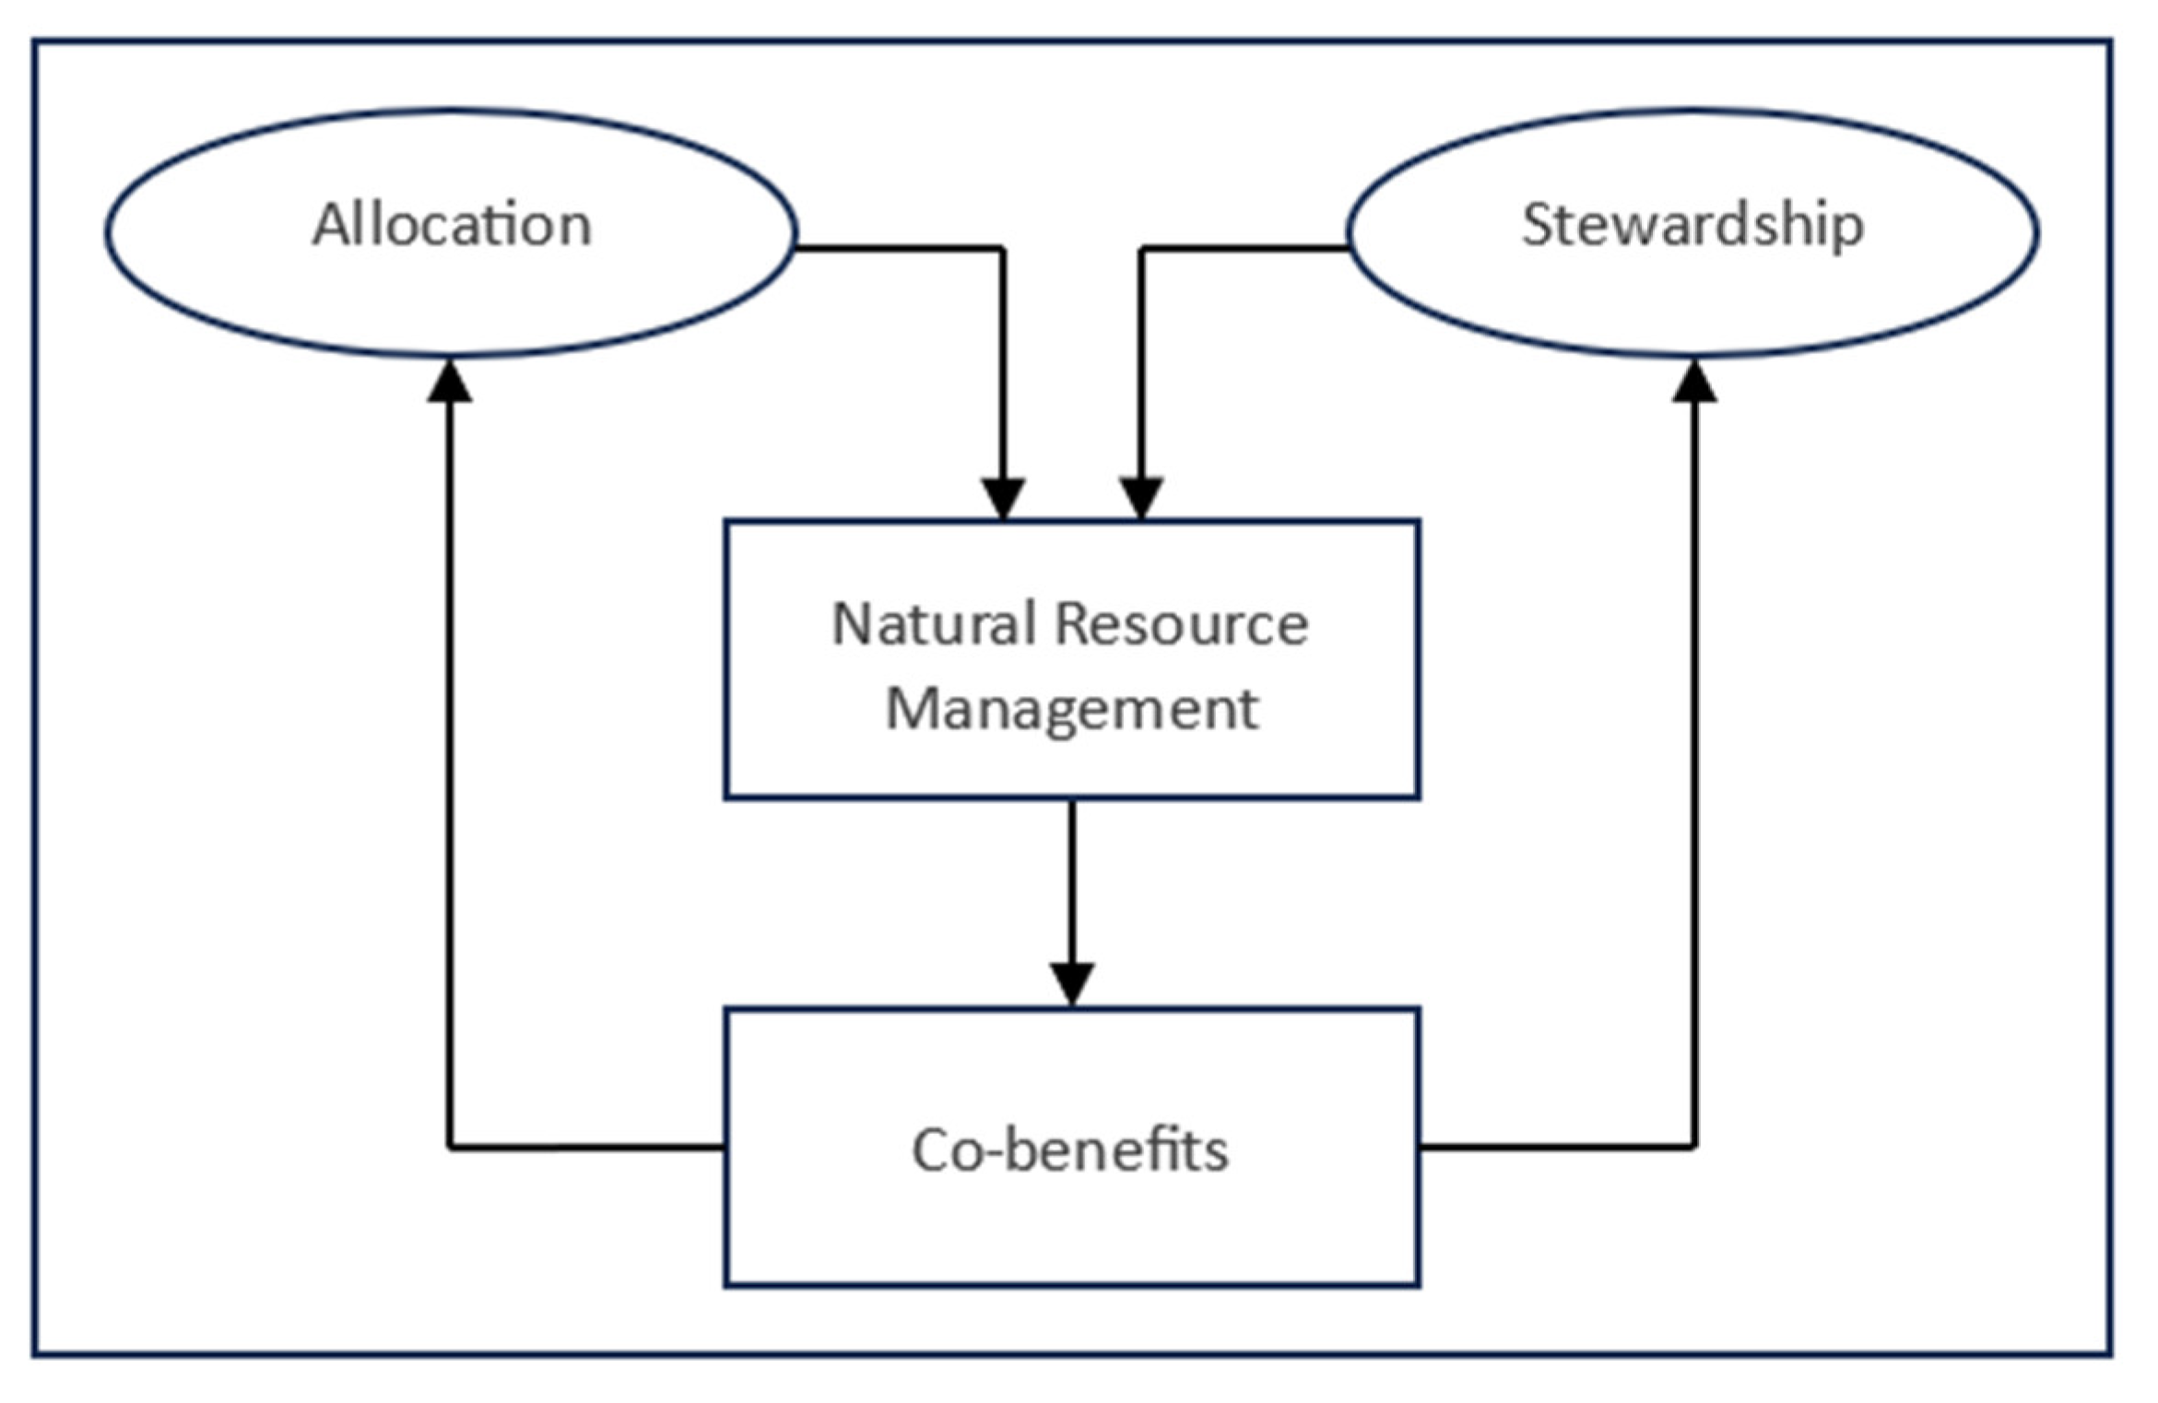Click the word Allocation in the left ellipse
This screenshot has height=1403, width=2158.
tap(451, 225)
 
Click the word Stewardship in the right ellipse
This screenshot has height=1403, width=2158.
tap(1692, 225)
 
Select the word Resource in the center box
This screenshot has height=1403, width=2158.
tap(1181, 624)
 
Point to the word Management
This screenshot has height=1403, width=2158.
tap(1071, 709)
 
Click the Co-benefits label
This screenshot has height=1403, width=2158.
tap(1070, 1150)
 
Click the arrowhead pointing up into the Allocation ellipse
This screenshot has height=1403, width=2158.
tap(450, 382)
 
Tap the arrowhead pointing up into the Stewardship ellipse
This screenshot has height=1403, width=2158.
tap(1694, 382)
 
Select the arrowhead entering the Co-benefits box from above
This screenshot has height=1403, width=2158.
tap(1072, 984)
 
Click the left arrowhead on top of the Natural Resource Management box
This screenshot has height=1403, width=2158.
tap(1003, 499)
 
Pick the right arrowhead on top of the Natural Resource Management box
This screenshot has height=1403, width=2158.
tap(1141, 499)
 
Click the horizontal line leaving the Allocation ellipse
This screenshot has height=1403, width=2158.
tap(899, 248)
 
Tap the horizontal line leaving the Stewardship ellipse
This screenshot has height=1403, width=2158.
tap(1244, 248)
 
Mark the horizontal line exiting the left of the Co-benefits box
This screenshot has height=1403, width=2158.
tap(586, 1148)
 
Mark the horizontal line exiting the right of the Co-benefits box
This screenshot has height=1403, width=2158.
tap(1556, 1148)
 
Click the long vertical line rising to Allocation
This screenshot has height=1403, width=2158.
tap(450, 765)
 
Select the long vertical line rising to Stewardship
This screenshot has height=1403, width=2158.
tap(1694, 765)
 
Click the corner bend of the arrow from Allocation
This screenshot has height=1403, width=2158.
tap(1003, 248)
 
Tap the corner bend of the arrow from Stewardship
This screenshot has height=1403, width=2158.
tap(1141, 248)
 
